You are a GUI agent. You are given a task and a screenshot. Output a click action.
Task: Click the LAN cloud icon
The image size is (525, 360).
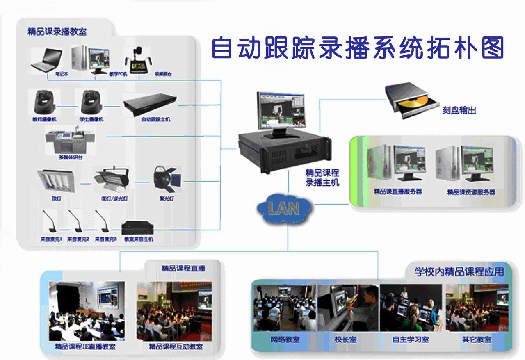pos(284,208)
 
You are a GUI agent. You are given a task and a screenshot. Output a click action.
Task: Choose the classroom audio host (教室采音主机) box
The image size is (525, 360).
pos(138,228)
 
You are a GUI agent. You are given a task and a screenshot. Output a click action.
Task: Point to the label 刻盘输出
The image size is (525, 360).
pos(459,110)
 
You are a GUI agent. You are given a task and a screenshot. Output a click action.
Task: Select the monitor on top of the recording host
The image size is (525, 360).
pos(281,111)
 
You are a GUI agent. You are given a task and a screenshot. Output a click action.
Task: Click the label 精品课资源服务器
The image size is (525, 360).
pos(471,192)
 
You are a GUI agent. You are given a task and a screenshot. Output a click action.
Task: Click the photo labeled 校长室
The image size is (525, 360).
pos(348,308)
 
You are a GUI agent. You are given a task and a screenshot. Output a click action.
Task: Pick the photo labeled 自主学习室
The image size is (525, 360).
pos(411,308)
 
